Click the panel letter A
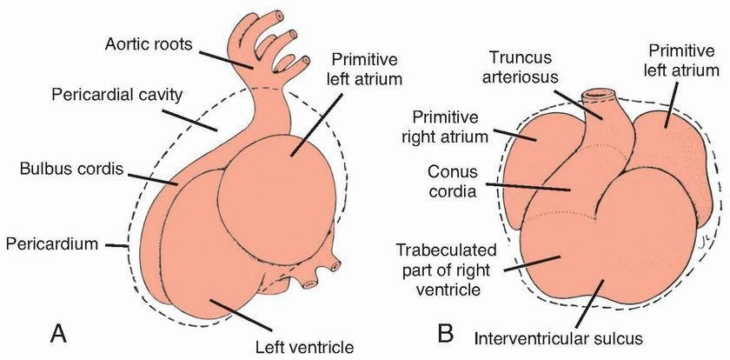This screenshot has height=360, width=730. (x=60, y=332)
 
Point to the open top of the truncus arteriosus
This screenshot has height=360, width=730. (x=599, y=92)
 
